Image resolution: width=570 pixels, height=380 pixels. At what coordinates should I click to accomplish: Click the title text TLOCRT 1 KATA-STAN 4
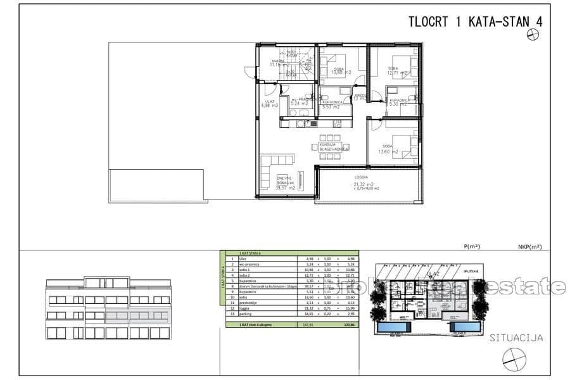pyautogui.click(x=476, y=22)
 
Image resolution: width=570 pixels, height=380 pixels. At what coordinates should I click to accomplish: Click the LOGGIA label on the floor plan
pyautogui.click(x=362, y=178)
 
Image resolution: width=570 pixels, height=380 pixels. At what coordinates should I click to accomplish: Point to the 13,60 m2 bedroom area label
pyautogui.click(x=388, y=151)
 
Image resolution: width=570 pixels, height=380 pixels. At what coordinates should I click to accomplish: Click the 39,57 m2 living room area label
pyautogui.click(x=286, y=187)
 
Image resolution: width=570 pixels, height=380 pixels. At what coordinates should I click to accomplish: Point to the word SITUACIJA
pyautogui.click(x=516, y=338)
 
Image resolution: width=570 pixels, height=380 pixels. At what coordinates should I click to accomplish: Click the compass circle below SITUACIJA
pyautogui.click(x=514, y=359)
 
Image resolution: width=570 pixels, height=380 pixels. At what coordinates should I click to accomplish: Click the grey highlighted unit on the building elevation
pyautogui.click(x=137, y=315)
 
